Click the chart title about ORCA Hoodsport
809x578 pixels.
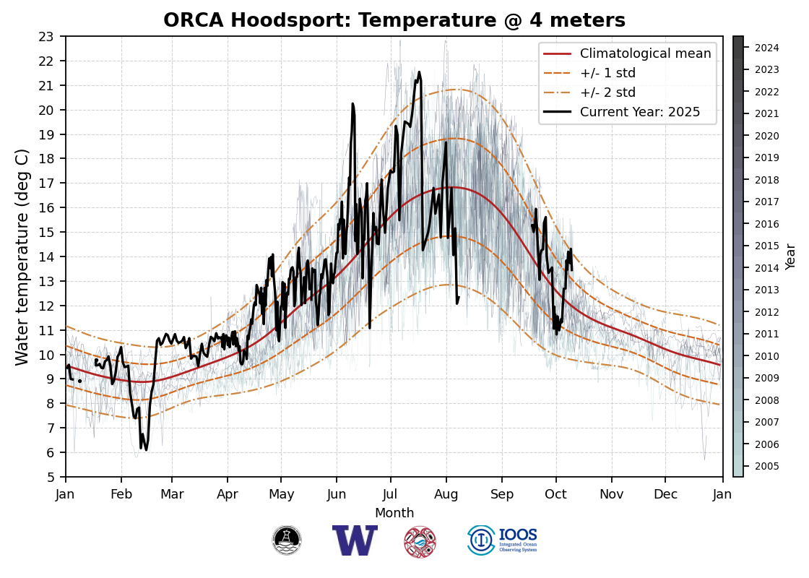[394, 20]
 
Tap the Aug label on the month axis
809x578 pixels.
[446, 495]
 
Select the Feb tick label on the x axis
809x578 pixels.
[121, 495]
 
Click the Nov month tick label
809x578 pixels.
[611, 495]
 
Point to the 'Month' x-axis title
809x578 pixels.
[394, 513]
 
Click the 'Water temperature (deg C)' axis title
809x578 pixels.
[22, 256]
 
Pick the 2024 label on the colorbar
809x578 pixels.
[766, 48]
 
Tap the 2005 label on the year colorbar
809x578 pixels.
[766, 466]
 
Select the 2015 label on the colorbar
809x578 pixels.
[766, 246]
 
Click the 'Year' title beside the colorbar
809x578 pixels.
[791, 256]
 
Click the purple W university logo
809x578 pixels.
[355, 540]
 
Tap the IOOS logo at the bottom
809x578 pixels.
[503, 540]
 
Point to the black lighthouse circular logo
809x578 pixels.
[287, 540]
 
